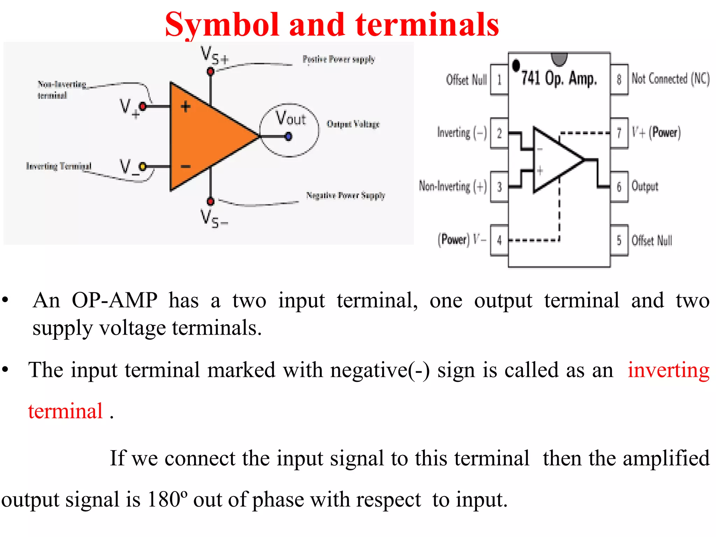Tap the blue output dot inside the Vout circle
point(288,136)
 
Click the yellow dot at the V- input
point(143,166)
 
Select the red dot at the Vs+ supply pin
point(210,72)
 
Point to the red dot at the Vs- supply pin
point(210,201)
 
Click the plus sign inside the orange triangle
point(186,107)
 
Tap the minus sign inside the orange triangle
point(186,166)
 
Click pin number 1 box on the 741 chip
point(499,80)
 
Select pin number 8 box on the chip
point(619,79)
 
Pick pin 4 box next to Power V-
point(499,240)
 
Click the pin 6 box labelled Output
point(619,187)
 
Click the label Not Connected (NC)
point(671,79)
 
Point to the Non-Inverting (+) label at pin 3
point(453,186)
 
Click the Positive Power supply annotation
point(338,59)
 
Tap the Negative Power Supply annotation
point(345,195)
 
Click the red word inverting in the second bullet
point(668,370)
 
